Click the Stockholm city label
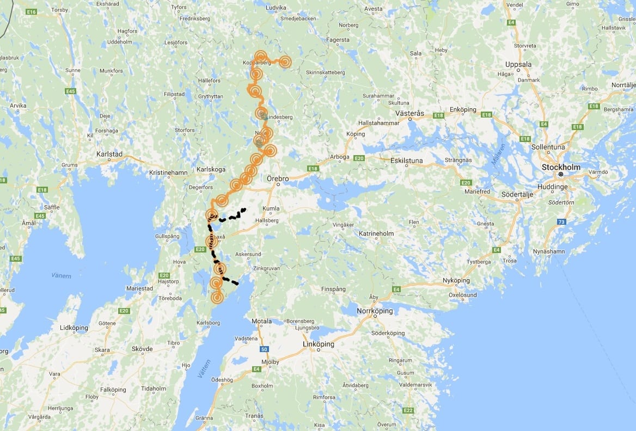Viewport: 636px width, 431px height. tap(561, 167)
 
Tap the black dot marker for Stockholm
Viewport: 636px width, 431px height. tap(560, 174)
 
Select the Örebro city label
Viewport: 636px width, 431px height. tap(278, 178)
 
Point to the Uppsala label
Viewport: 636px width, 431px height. tap(518, 64)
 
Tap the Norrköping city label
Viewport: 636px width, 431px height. tap(374, 311)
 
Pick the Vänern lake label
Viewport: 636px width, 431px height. tap(62, 276)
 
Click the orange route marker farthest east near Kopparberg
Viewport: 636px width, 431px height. tap(284, 62)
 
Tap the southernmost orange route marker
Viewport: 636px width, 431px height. tap(217, 297)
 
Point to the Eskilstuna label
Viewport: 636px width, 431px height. tap(407, 161)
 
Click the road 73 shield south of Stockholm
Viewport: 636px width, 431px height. tap(561, 221)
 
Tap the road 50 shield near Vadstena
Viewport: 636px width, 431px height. tap(264, 348)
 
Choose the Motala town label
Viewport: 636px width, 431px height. tap(261, 321)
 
